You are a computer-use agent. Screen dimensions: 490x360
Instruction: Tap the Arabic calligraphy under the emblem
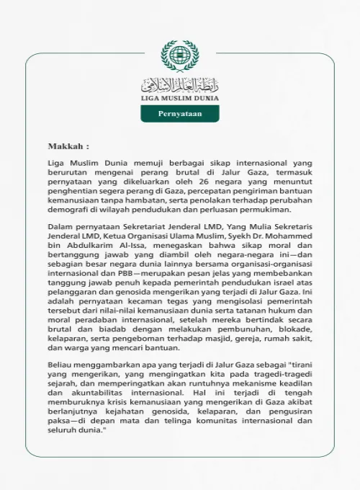[179, 84]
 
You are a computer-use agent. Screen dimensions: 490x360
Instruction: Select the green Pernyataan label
[179, 114]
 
